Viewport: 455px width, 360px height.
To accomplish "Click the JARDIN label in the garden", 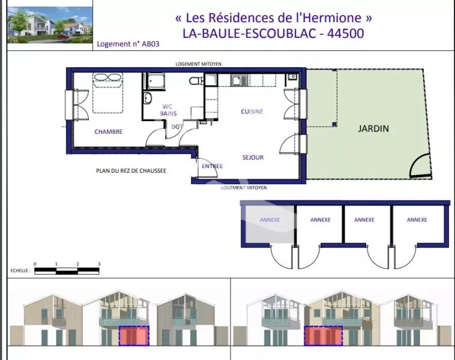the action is pos(373,128).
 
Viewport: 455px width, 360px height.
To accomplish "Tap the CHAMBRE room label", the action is pos(109,132).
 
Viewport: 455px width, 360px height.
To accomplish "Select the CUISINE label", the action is pos(252,112).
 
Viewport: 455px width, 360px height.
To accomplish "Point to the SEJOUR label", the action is pos(253,158).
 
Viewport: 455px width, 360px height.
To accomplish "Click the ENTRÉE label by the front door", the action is pos(212,166).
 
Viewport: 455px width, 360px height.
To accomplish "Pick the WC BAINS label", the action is pos(168,110).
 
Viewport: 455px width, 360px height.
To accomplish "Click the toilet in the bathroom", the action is pos(196,80).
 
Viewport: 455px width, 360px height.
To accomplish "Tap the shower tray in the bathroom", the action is pos(155,82).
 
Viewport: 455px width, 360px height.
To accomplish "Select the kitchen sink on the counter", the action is pos(239,80).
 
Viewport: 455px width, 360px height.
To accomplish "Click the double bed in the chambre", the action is pos(107,93).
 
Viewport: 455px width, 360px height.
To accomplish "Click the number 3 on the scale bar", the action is pos(99,264).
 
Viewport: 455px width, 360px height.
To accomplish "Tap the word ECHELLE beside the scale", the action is pos(20,271).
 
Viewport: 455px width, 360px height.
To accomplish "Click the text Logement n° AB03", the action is pos(128,44).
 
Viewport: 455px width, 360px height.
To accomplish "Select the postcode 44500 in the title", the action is pos(345,34).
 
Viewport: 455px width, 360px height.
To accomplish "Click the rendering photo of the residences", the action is pos(50,25).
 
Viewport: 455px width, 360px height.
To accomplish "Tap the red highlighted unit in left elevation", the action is pos(134,335).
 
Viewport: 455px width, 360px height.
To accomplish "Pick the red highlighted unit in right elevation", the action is pos(324,335).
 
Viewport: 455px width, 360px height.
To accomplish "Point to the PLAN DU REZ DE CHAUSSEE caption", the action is pos(131,170).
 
